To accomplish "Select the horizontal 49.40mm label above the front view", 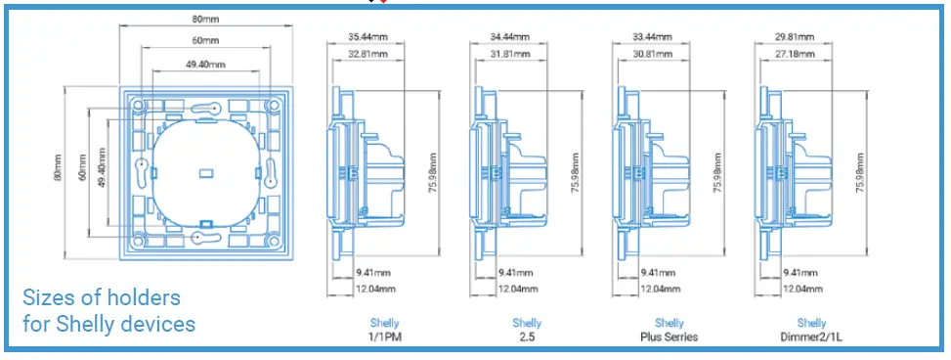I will [205, 65].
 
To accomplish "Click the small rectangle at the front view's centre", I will [205, 172].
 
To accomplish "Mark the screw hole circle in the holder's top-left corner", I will [138, 103].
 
